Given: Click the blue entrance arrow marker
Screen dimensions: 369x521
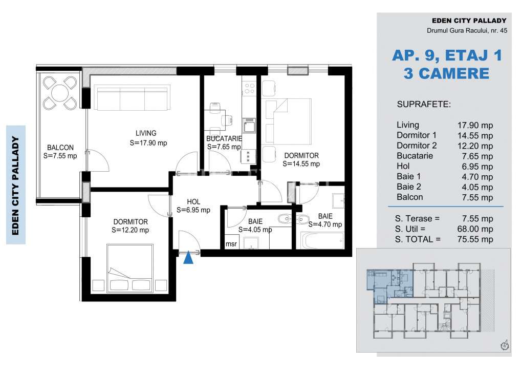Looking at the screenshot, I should pyautogui.click(x=188, y=258).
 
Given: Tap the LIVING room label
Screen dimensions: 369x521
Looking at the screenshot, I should pyautogui.click(x=142, y=133).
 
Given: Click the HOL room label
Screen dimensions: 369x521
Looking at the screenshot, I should pyautogui.click(x=193, y=201).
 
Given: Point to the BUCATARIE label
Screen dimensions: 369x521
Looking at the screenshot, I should pyautogui.click(x=223, y=139).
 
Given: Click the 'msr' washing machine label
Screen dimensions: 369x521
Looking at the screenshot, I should pyautogui.click(x=231, y=244).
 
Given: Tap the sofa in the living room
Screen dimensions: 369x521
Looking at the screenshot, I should pyautogui.click(x=132, y=97).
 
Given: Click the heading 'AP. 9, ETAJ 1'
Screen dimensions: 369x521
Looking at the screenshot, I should pyautogui.click(x=447, y=55).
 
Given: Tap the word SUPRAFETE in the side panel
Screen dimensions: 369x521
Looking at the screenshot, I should pyautogui.click(x=423, y=105).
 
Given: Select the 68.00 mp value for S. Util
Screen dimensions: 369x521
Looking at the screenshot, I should pyautogui.click(x=475, y=229).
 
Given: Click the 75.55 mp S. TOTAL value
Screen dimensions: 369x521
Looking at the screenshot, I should pyautogui.click(x=475, y=239).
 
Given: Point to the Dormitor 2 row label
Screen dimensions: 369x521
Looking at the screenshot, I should pyautogui.click(x=417, y=146).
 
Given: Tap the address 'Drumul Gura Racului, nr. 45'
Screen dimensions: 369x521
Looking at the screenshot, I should pyautogui.click(x=467, y=31).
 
